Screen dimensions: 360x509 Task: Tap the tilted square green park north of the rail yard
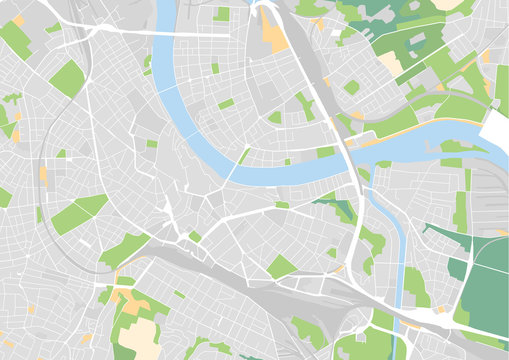pos(282,267)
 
